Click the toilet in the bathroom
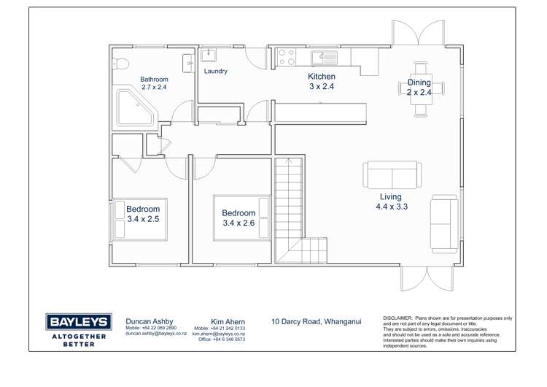coord(120,64)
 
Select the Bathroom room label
coord(154,80)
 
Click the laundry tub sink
coord(209,55)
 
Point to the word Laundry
coord(216,71)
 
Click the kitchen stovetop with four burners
coord(287,57)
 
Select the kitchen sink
coord(325,58)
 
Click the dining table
coord(421,89)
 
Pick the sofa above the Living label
coord(392,175)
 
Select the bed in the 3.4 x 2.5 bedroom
coord(139,219)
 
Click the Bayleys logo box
coord(79,322)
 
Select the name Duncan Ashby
coord(150,321)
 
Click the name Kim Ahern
coord(228,322)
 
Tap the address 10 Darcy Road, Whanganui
coord(317,321)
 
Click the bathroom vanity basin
coord(189,64)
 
